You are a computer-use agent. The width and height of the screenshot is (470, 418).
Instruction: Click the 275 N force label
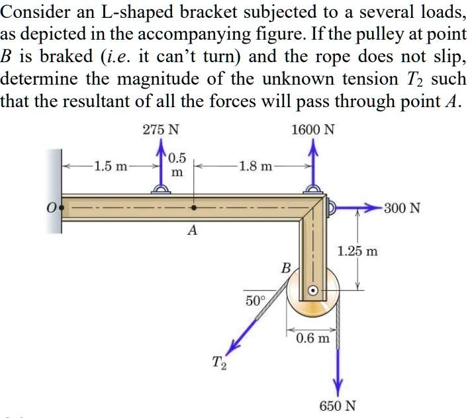click(160, 130)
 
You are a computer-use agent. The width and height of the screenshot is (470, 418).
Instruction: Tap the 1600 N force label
click(312, 130)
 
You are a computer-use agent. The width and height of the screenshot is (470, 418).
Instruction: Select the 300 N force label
click(402, 208)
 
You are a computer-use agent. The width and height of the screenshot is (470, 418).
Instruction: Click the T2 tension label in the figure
click(218, 363)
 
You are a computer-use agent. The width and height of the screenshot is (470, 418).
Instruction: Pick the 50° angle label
click(255, 301)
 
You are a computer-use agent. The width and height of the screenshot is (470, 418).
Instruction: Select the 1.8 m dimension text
click(255, 166)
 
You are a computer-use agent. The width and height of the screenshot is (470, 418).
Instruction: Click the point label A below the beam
click(193, 230)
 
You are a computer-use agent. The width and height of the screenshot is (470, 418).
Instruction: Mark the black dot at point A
click(193, 207)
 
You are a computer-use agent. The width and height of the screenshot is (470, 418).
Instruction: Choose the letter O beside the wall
click(50, 208)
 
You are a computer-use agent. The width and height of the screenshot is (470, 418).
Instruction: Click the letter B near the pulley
click(286, 268)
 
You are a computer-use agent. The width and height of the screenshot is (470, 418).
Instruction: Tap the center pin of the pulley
click(314, 290)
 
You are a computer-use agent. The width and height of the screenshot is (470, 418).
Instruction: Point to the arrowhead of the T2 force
click(232, 349)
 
